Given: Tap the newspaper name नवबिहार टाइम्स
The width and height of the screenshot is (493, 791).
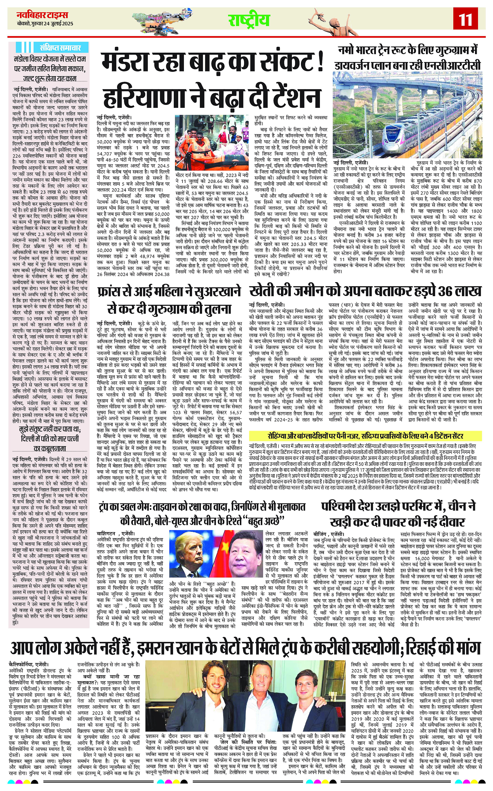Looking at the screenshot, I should click(42, 15).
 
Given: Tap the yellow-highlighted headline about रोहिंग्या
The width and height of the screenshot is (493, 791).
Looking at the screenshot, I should click(365, 436).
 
